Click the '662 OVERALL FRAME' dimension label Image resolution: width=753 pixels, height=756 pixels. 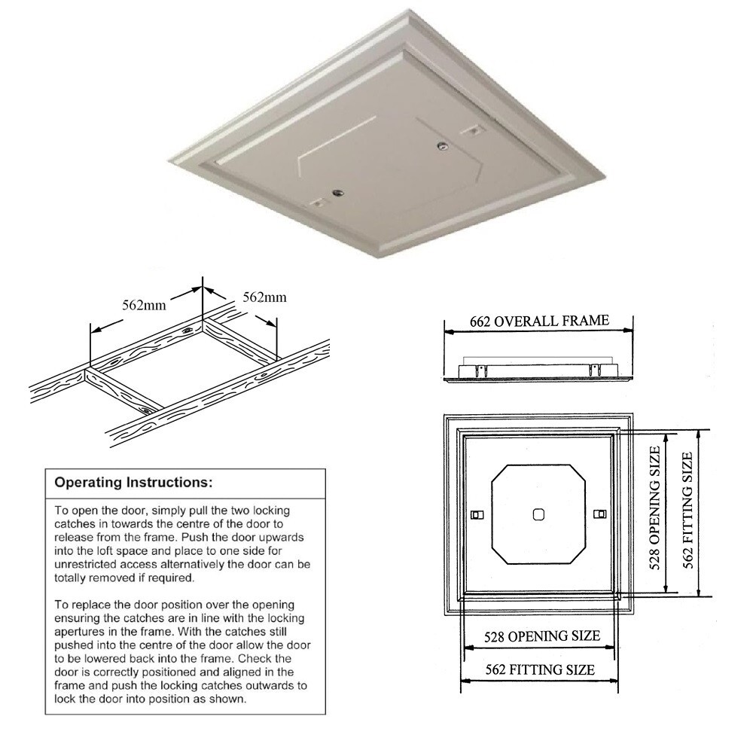click(x=539, y=321)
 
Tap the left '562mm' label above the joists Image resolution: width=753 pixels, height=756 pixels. click(x=144, y=305)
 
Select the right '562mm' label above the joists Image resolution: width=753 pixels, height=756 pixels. click(x=264, y=297)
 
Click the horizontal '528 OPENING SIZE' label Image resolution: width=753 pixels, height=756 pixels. click(x=542, y=636)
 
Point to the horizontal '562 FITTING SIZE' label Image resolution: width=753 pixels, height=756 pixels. click(x=540, y=669)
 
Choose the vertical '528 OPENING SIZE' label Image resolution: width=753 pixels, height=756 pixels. click(x=654, y=508)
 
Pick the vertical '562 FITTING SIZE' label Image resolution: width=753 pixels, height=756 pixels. click(x=688, y=511)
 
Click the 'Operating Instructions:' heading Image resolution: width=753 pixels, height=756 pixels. click(x=133, y=483)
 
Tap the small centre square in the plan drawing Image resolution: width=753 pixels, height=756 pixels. click(x=538, y=514)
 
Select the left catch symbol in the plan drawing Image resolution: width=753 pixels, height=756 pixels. click(x=477, y=515)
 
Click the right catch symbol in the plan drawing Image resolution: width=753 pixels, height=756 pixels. click(x=600, y=514)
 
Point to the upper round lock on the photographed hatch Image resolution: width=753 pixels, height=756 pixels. click(x=441, y=145)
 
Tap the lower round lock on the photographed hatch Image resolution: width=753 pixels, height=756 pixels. click(x=337, y=192)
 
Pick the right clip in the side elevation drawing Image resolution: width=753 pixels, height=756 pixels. click(x=594, y=370)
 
